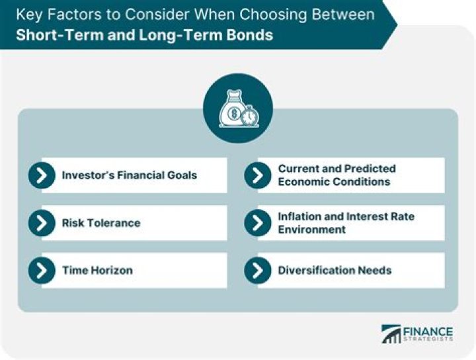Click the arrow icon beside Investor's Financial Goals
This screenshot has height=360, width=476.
(42, 175)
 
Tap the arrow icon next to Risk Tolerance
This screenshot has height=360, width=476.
(42, 223)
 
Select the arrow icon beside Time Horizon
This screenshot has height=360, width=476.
(42, 270)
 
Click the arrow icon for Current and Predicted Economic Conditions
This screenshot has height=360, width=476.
(258, 175)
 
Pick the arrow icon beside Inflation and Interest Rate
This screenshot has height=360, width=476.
(258, 223)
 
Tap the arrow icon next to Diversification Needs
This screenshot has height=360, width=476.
(258, 270)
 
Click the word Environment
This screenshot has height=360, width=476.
(311, 230)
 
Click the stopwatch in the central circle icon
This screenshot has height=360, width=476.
(249, 116)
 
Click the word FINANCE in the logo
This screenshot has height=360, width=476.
(428, 331)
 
